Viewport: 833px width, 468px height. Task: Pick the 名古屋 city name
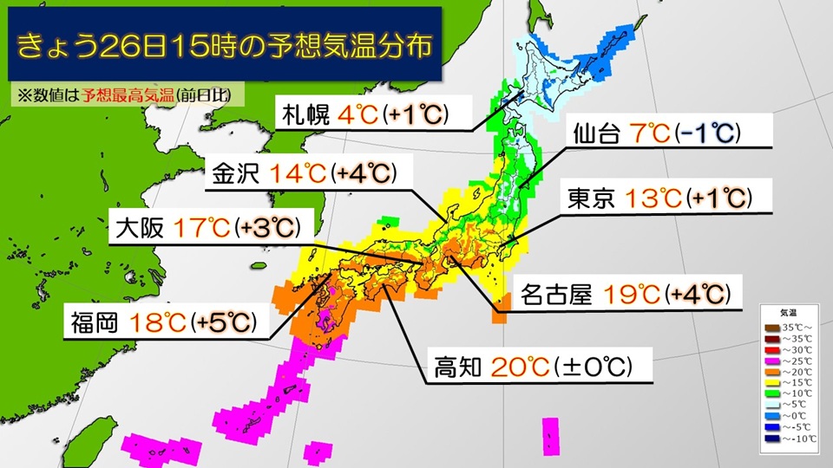tap(555, 296)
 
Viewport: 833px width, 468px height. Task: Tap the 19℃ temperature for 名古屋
tap(631, 296)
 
